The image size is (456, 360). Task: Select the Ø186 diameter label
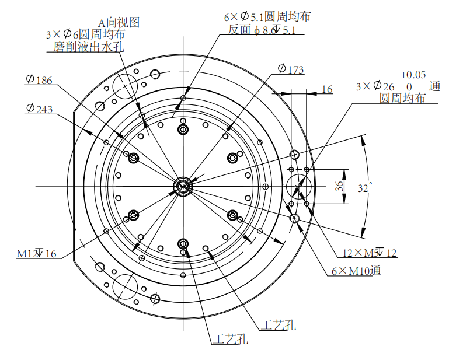click(39, 79)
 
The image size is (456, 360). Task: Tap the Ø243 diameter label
click(39, 109)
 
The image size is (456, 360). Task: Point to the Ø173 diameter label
click(291, 70)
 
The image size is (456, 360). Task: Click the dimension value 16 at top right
click(327, 89)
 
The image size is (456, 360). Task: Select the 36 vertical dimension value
click(339, 187)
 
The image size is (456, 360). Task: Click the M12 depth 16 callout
click(36, 254)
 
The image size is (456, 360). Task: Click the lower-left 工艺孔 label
click(230, 339)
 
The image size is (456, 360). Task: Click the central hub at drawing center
click(183, 186)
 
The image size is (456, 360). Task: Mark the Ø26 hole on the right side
click(300, 186)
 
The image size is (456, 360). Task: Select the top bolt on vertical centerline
click(183, 129)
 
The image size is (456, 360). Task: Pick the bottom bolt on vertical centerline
click(183, 243)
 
